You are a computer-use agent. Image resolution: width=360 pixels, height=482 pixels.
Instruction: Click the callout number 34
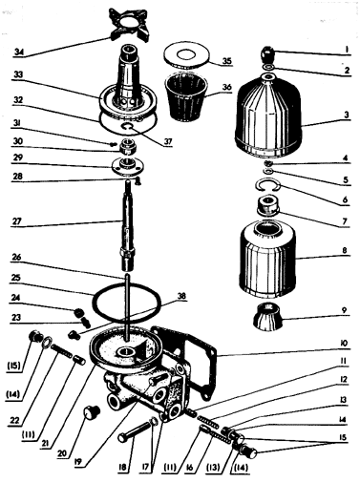coord(18,52)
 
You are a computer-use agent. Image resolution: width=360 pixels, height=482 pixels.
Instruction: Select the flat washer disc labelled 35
coord(187,54)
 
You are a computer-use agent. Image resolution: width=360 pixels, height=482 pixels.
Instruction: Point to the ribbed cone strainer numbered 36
coord(185,97)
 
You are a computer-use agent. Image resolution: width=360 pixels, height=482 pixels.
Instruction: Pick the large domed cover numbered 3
coord(267,114)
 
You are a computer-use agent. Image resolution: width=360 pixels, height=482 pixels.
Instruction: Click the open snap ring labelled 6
coord(267,186)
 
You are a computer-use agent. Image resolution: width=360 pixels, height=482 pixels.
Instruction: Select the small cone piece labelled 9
coord(267,316)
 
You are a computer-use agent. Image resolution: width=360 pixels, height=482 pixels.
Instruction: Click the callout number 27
coord(16,221)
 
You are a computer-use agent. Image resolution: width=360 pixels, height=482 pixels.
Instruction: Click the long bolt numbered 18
coord(135,431)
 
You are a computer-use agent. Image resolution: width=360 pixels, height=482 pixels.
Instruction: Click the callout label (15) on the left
coord(13,367)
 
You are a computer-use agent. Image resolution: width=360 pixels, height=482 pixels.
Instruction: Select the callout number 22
coord(15,421)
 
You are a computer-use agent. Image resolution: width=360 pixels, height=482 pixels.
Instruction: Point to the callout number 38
coord(181,297)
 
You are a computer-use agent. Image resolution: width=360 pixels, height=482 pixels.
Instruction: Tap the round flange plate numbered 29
coord(128,166)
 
